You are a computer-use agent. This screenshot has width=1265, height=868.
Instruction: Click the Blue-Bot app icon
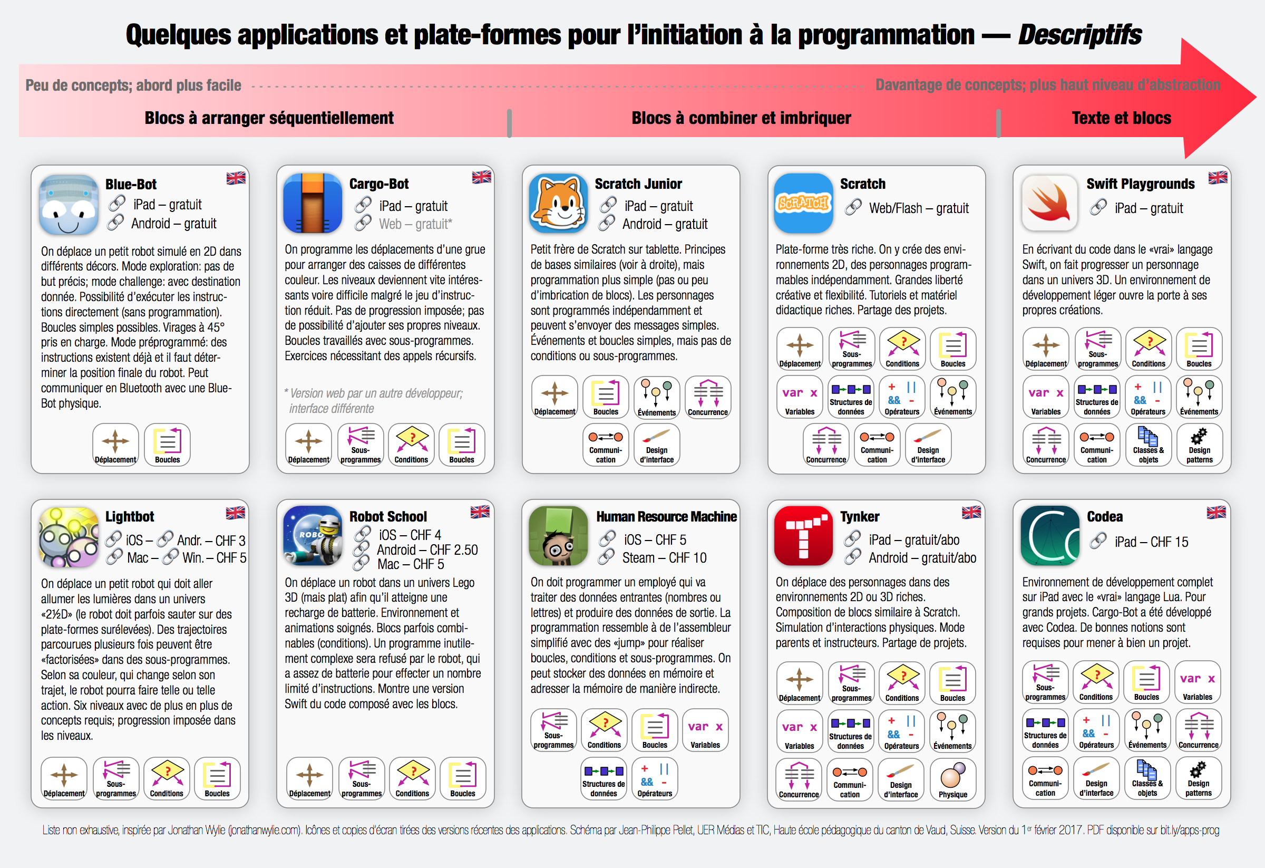coord(69,205)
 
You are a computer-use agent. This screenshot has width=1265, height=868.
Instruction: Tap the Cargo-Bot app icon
coord(313,203)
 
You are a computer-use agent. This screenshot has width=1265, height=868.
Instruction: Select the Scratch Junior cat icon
coord(558,203)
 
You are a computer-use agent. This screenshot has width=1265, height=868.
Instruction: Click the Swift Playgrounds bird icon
coord(1049,203)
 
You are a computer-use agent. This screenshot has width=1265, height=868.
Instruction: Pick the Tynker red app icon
coord(803,536)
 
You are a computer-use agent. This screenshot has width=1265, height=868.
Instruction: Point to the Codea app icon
coord(1049,536)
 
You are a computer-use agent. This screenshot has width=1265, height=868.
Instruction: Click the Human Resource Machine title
coord(666,516)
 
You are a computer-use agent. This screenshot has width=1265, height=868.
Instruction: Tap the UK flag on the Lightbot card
coord(236,513)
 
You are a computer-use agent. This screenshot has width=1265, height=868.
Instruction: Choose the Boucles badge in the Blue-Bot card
coord(167,445)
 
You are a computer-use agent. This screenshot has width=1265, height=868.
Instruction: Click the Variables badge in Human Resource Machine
coord(705,731)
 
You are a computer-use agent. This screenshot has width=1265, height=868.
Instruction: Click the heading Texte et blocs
coord(1121,118)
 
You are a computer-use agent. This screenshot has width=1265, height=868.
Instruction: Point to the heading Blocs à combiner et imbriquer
coord(741,118)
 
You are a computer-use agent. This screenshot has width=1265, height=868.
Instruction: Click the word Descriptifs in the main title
coord(1080,35)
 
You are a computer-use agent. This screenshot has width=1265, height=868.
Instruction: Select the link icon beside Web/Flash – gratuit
coord(853,207)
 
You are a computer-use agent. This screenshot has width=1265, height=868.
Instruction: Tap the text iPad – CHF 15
coord(1151,542)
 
